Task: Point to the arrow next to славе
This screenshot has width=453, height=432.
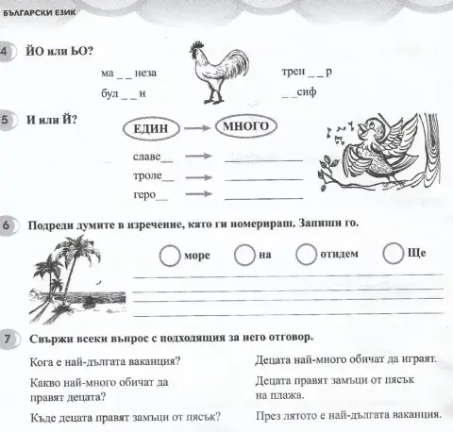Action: pyautogui.click(x=194, y=158)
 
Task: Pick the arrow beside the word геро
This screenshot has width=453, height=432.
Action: pyautogui.click(x=194, y=197)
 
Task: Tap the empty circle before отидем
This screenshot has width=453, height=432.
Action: pyautogui.click(x=305, y=255)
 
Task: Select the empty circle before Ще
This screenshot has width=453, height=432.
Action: pyautogui.click(x=393, y=254)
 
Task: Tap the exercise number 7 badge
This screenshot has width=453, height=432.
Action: pyautogui.click(x=8, y=338)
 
